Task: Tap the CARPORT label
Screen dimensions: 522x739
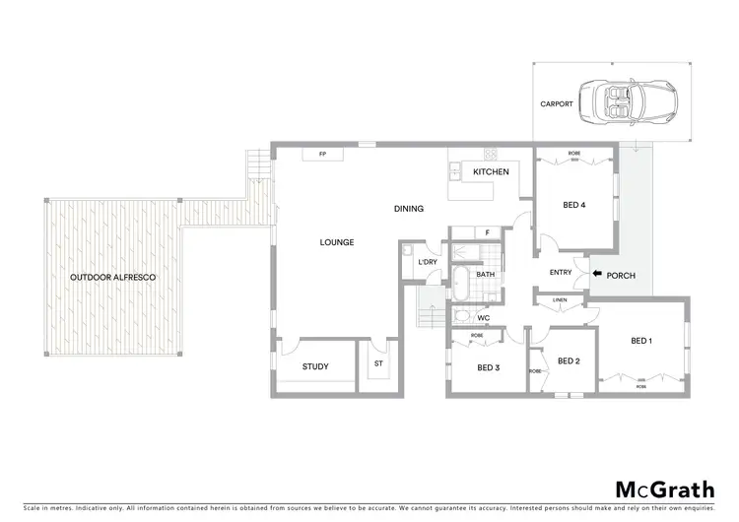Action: coord(557,103)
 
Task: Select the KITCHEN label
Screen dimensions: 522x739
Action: coord(491,172)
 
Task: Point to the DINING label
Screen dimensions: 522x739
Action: coord(408,209)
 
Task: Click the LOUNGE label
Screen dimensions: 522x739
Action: coord(336,242)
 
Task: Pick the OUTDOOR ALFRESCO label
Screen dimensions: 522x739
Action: coord(112,278)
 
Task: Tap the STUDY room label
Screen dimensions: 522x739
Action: coord(315,367)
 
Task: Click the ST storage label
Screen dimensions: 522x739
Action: coord(377,364)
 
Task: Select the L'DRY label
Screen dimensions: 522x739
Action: coord(427,262)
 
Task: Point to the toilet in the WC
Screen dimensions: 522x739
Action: coord(462,317)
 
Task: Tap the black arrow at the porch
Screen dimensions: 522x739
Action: coord(598,275)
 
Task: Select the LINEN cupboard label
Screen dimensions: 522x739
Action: coord(559,299)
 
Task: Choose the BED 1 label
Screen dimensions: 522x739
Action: coord(641,341)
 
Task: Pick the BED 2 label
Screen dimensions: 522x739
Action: coord(569,361)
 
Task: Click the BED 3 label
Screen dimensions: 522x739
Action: coord(489,367)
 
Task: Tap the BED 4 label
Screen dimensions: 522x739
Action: coord(574,206)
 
